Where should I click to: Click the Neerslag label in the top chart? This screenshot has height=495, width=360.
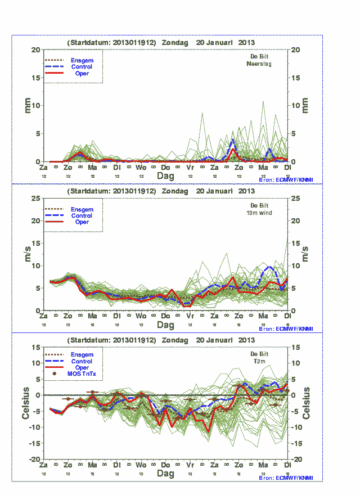click(259, 64)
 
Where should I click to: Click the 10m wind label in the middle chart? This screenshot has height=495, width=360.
click(259, 214)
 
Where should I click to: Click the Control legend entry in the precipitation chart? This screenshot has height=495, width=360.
click(82, 67)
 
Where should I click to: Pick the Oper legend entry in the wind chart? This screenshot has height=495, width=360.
click(82, 222)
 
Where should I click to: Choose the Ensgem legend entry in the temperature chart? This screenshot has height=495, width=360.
click(82, 354)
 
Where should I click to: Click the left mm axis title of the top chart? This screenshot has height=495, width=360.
click(27, 105)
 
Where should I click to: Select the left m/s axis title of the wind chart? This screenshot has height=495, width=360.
click(27, 254)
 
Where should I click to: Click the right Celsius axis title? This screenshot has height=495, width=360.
click(307, 403)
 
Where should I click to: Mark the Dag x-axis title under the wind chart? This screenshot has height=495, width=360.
click(165, 325)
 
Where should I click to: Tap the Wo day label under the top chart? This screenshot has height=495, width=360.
click(141, 168)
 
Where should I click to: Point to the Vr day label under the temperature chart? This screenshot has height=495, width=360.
click(190, 465)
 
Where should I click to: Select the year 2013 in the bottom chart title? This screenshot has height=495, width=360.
click(246, 340)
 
